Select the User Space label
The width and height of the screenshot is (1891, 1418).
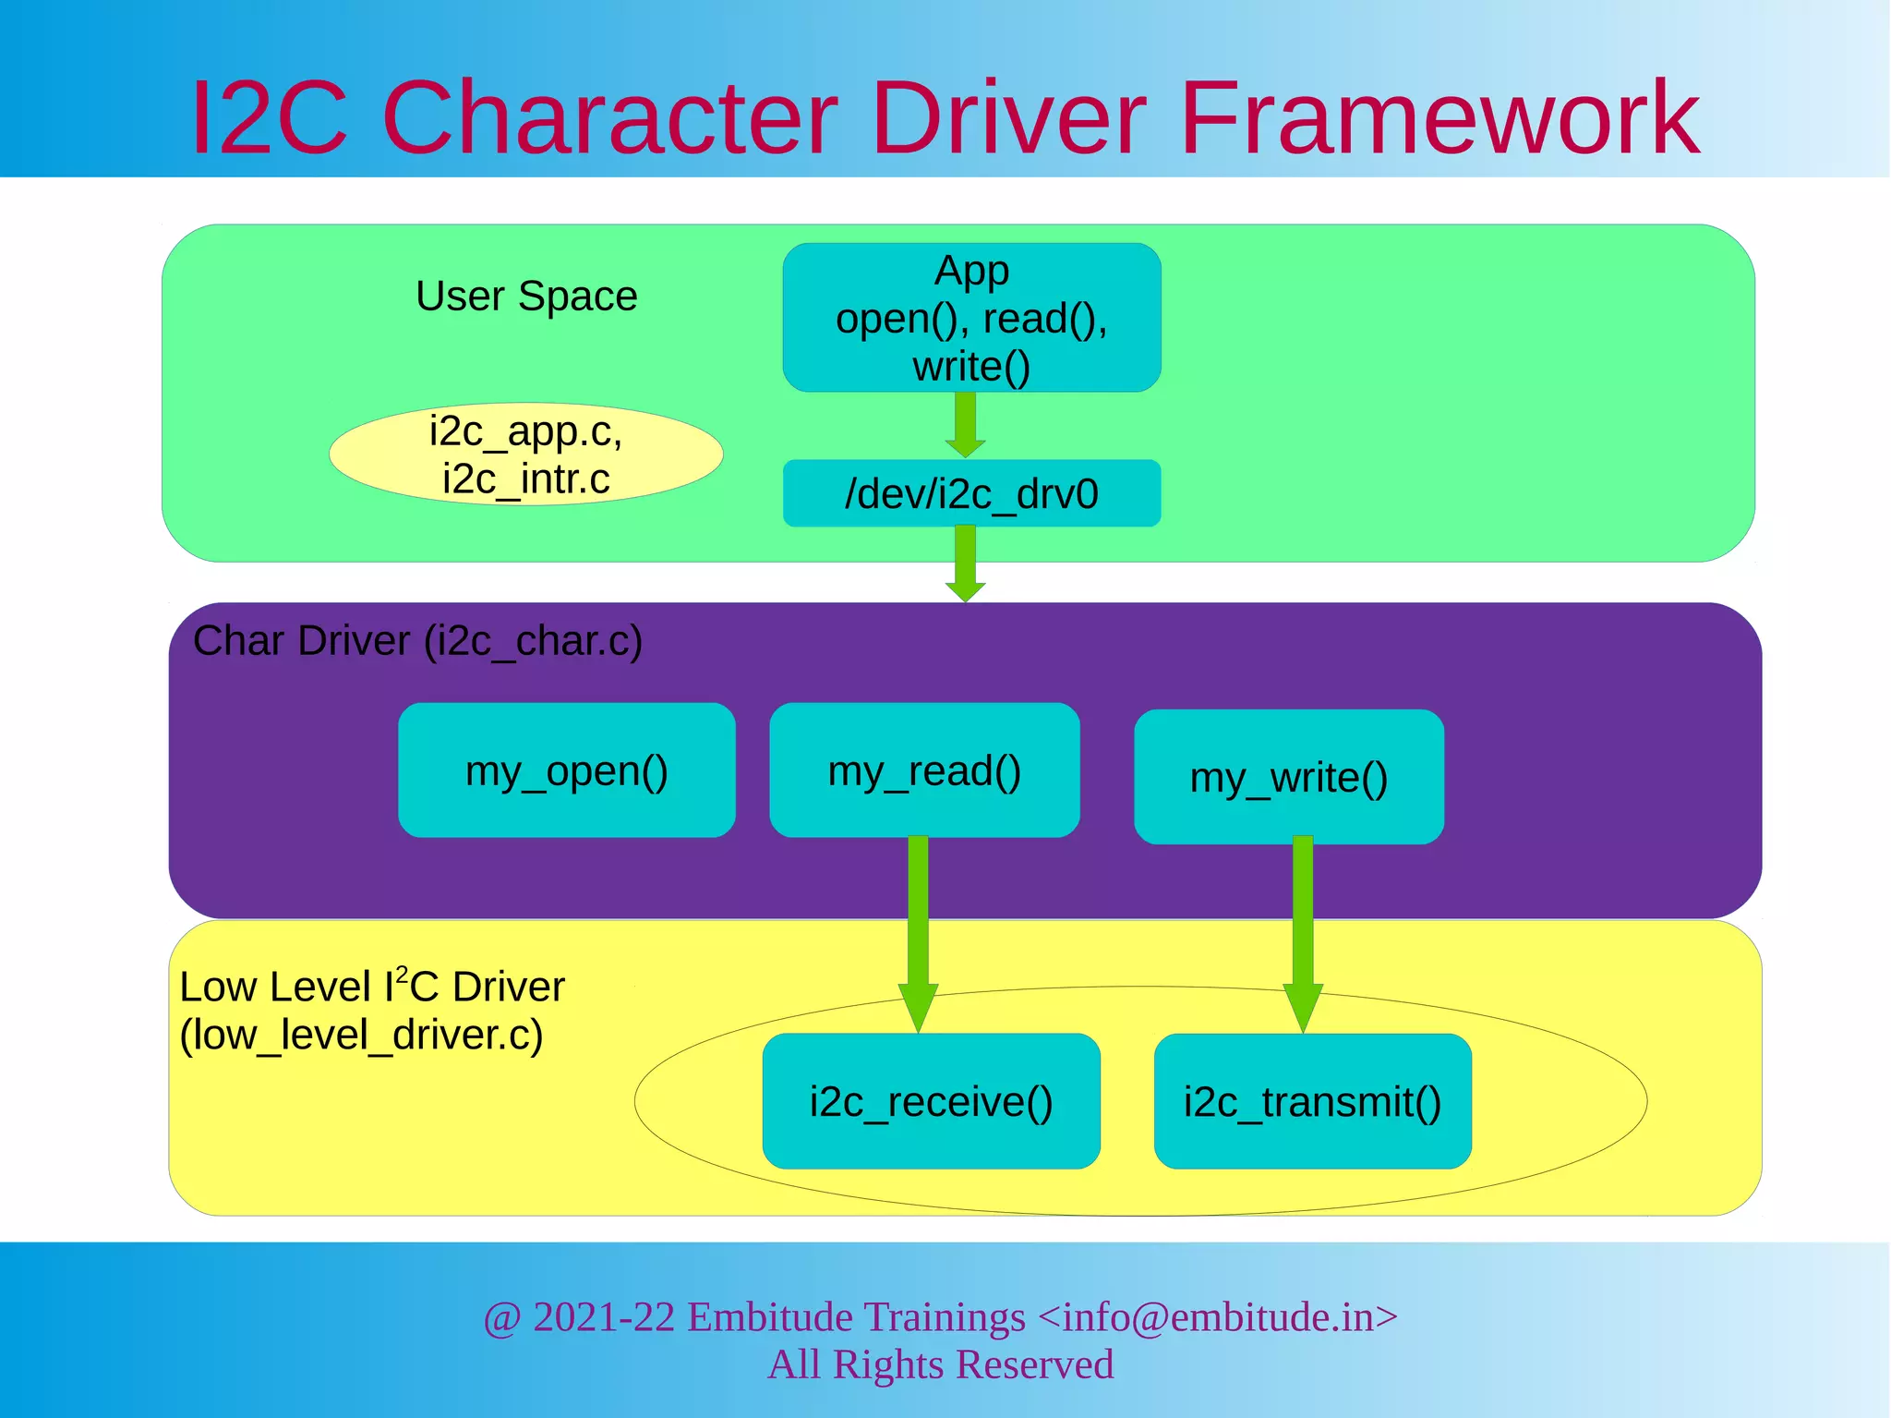[x=526, y=297]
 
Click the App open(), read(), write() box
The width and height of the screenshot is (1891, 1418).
[x=971, y=318]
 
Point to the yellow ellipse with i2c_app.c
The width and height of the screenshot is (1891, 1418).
[x=525, y=454]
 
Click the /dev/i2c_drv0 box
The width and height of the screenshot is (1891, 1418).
[x=971, y=494]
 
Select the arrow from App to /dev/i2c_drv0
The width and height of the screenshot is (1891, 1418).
[x=966, y=425]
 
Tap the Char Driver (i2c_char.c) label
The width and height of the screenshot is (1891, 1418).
[x=417, y=641]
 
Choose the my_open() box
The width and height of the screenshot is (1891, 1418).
[x=566, y=770]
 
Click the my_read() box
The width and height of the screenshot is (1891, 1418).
[x=924, y=770]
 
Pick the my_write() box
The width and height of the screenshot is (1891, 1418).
[x=1288, y=777]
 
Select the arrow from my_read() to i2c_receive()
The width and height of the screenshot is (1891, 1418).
[x=918, y=933]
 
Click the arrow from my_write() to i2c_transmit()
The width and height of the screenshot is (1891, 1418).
[x=1303, y=933]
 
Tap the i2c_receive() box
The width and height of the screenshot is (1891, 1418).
[x=931, y=1101]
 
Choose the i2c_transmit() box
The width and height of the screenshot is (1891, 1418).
[x=1312, y=1101]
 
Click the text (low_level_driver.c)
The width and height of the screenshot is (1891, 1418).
[x=361, y=1035]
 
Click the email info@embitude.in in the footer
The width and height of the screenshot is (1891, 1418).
[x=1217, y=1317]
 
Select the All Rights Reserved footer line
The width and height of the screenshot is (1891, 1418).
[x=941, y=1364]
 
